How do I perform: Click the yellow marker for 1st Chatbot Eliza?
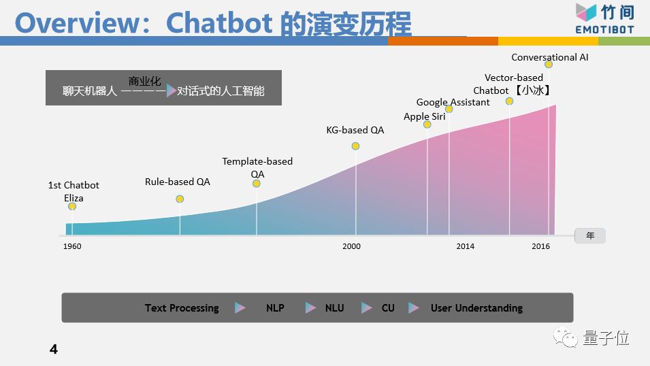point(72,206)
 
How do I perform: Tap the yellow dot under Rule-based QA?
point(180,199)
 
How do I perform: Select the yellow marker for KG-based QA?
point(355,146)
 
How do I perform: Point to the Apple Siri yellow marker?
point(427,124)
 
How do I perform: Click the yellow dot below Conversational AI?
point(549,64)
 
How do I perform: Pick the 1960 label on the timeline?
point(72,246)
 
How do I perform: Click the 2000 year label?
point(351,246)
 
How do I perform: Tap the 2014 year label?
point(465,246)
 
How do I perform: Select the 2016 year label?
point(540,246)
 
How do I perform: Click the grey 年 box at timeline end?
point(590,235)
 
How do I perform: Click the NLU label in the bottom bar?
point(335,308)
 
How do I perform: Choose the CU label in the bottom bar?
point(388,308)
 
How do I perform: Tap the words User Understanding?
point(476,308)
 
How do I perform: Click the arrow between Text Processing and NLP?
point(240,307)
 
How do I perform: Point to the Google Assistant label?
point(453,102)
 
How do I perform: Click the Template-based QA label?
point(257,167)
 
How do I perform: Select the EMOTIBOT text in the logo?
point(605,29)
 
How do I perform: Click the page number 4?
point(54,349)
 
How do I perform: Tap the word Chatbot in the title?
point(219,23)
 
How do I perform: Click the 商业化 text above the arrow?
point(144,81)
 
